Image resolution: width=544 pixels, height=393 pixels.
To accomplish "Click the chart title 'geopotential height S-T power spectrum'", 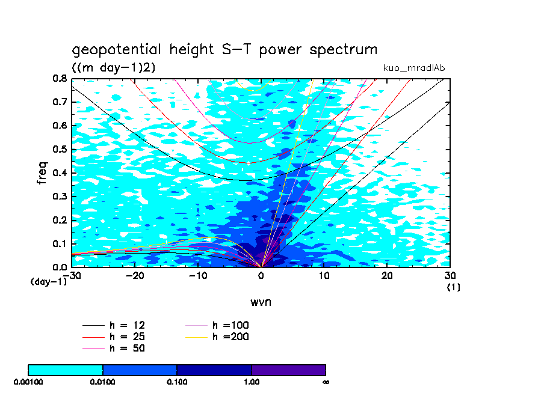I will point(224,49).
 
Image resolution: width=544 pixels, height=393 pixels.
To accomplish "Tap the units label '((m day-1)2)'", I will point(113,67).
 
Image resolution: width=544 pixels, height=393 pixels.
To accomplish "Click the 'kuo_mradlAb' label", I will point(413,67).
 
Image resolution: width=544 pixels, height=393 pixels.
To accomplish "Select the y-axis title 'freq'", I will point(42,172).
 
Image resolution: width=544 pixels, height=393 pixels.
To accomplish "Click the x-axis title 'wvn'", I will point(261,302).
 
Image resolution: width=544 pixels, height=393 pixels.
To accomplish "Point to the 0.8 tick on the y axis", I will point(59,78).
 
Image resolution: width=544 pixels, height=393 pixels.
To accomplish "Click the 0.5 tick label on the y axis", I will point(59,149).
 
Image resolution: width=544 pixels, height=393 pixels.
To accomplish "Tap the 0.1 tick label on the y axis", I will point(59,243).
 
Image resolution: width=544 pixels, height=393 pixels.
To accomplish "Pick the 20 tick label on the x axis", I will point(387,275).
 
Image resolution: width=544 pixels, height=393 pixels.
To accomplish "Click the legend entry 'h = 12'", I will point(127,326).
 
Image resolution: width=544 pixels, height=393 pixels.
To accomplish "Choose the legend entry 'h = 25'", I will point(127,337).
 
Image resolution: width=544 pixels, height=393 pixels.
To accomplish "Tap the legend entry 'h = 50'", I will point(127,348).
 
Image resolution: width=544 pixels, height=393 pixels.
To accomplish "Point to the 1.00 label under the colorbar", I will point(252,382).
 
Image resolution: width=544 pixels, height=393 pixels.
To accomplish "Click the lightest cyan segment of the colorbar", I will point(66,370).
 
